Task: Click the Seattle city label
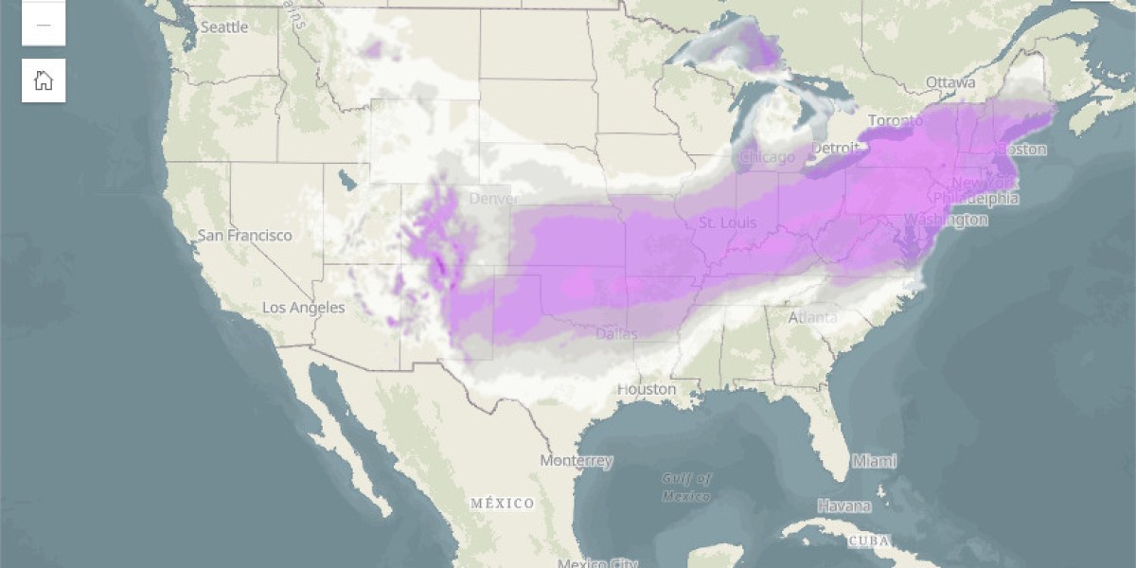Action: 223,27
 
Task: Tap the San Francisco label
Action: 244,235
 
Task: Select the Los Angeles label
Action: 303,308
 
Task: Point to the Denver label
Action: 493,199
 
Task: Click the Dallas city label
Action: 616,333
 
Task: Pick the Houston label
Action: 647,389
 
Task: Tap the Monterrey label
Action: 576,461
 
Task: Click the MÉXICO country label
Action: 502,503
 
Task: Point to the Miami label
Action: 873,461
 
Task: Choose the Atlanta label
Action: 812,317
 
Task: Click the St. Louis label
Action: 727,222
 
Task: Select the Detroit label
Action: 834,149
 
